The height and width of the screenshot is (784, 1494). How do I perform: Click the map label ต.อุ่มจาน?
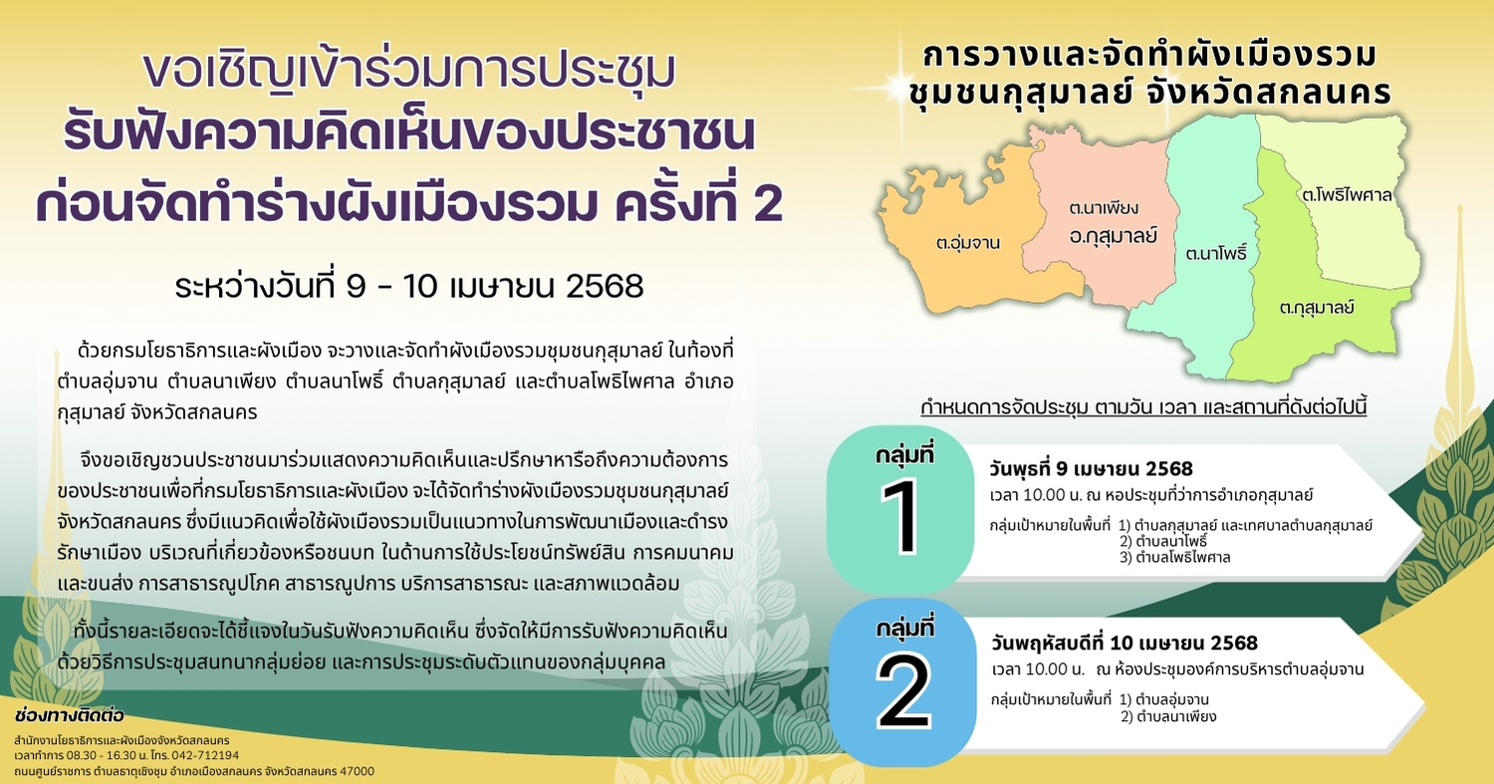tap(968, 242)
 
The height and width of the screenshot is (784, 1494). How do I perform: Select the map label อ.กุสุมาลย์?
tap(1113, 235)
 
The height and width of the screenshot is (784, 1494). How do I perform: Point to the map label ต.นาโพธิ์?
tap(1216, 253)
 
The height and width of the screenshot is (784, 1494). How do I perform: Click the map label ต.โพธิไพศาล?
tap(1347, 195)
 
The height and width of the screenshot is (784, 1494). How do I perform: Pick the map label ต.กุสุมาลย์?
tap(1317, 308)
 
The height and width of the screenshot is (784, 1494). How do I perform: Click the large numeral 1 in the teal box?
tap(901, 517)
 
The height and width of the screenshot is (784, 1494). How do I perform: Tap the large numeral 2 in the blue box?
tap(903, 691)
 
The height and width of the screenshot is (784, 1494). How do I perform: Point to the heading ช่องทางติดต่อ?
tap(70, 716)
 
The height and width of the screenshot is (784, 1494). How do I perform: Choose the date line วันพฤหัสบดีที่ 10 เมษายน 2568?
tap(1124, 643)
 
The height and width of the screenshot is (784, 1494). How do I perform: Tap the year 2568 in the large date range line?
tap(605, 286)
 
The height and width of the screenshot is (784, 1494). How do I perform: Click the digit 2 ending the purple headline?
tap(766, 202)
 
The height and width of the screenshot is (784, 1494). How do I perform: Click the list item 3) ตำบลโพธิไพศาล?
tap(1174, 557)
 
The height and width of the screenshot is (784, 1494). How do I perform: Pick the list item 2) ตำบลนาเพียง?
tap(1168, 716)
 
